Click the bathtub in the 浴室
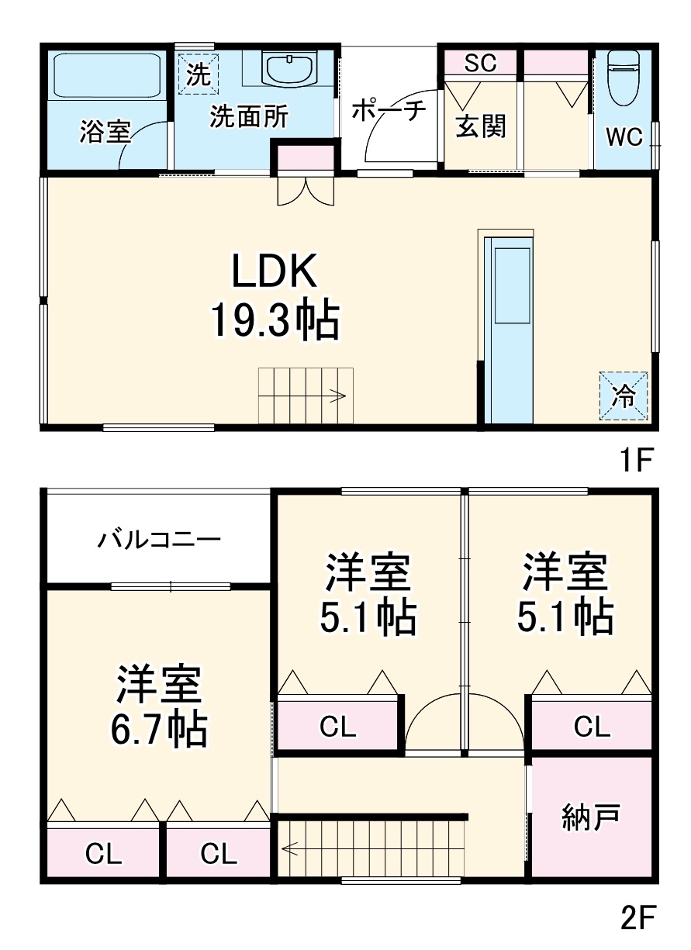107,75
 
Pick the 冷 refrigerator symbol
624,396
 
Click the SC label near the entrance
480,64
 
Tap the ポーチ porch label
389,111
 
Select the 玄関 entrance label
480,126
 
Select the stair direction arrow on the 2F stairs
292,849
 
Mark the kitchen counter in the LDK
510,329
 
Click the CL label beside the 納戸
592,727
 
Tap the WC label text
624,137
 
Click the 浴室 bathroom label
104,132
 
